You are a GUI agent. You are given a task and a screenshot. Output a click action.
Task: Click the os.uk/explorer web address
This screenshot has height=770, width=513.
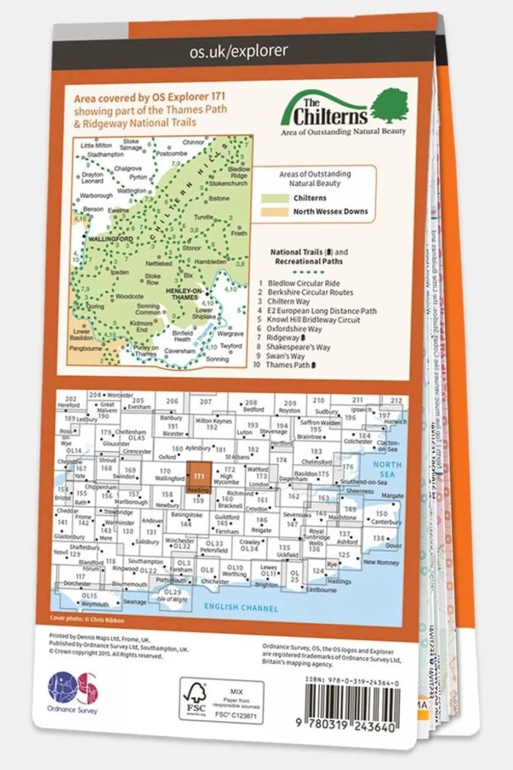pos(239,51)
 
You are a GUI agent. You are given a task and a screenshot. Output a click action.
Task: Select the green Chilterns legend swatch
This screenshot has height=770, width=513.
pos(275,198)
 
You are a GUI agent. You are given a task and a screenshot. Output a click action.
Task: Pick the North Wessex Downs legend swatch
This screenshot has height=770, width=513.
pos(275,211)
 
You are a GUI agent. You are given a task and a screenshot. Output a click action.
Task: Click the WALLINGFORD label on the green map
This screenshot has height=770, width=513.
pos(111,239)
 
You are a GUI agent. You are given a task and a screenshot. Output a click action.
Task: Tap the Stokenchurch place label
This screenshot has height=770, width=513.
pos(228,183)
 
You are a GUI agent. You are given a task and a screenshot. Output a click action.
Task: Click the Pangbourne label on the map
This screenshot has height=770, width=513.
pos(86,348)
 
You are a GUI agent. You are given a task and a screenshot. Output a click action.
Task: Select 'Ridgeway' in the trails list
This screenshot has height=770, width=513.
pos(284,338)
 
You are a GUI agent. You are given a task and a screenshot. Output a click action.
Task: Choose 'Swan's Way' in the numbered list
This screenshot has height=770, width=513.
pos(285,356)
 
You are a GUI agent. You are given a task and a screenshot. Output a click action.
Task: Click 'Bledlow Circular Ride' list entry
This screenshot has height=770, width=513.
pos(303,283)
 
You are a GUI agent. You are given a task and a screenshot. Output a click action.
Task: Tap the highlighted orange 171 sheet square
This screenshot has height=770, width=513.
pos(198,476)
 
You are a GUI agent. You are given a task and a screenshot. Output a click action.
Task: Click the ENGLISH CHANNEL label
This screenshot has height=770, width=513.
pos(241,608)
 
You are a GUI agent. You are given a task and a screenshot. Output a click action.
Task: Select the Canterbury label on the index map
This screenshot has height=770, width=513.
pos(386,522)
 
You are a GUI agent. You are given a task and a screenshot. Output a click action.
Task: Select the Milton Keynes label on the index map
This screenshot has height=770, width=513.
pos(213,421)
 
